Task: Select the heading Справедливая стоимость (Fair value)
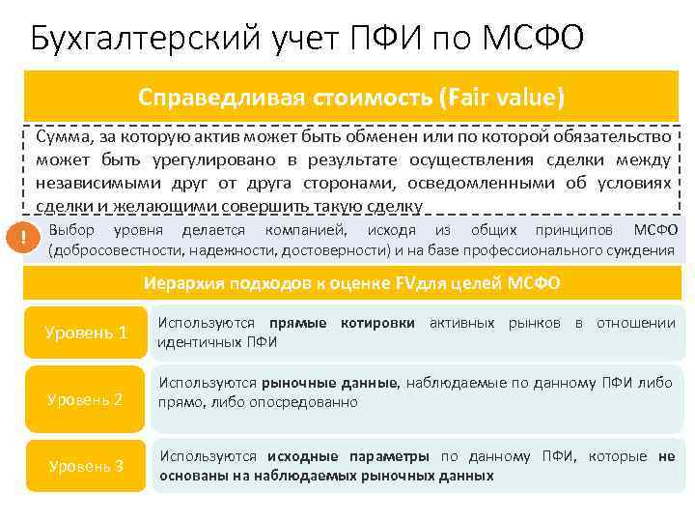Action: pos(351,99)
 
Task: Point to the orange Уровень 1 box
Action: pos(85,333)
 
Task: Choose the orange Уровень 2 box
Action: pos(85,398)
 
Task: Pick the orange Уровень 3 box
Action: pos(85,465)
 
